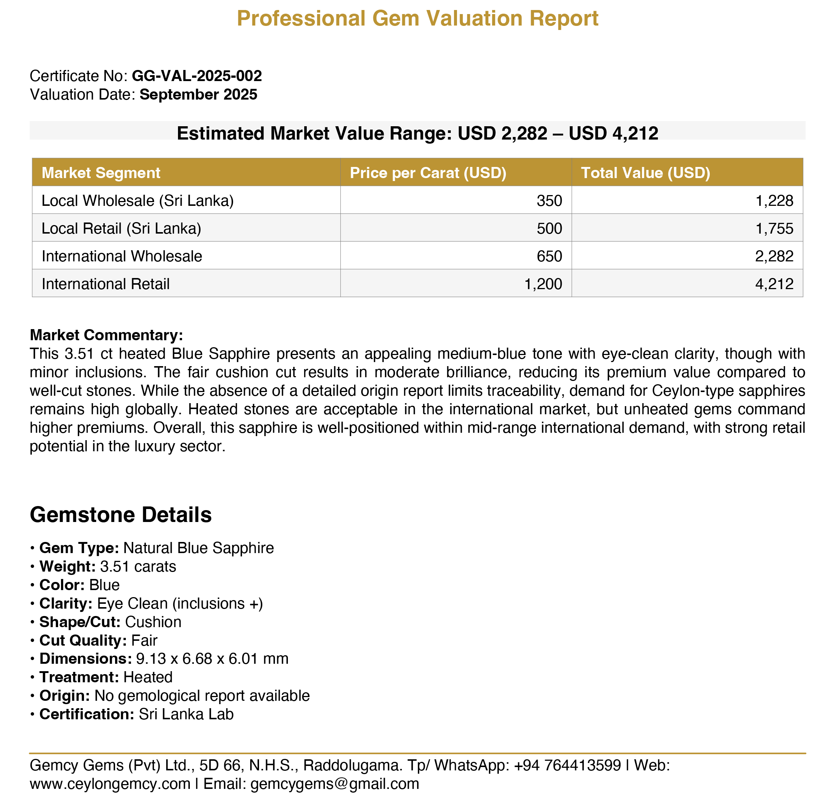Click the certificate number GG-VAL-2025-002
click(x=197, y=76)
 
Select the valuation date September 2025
click(x=198, y=94)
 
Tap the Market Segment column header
click(x=101, y=173)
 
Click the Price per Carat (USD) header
click(x=428, y=173)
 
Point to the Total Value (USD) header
click(x=645, y=173)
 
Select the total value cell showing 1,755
click(x=774, y=229)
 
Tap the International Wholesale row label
click(x=122, y=256)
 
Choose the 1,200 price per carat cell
click(x=543, y=284)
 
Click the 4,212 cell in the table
click(x=774, y=284)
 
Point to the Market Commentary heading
click(x=106, y=335)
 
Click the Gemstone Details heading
click(x=121, y=515)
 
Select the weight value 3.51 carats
click(x=138, y=566)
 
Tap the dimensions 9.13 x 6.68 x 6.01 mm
click(x=212, y=659)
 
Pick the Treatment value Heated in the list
click(x=148, y=677)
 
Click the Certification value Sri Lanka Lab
click(x=186, y=714)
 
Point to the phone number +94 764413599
click(x=567, y=765)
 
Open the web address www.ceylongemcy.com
click(x=110, y=784)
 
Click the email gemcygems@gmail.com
click(x=335, y=784)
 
